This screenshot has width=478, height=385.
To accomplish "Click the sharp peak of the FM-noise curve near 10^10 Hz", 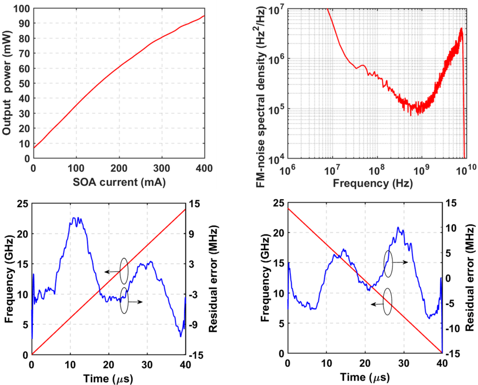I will click(x=461, y=29).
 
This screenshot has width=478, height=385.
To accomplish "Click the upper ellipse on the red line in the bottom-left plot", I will click(x=123, y=271).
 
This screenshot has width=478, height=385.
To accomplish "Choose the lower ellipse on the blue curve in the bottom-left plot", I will click(x=124, y=300).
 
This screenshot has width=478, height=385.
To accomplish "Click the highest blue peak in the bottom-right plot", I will click(x=398, y=227).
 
